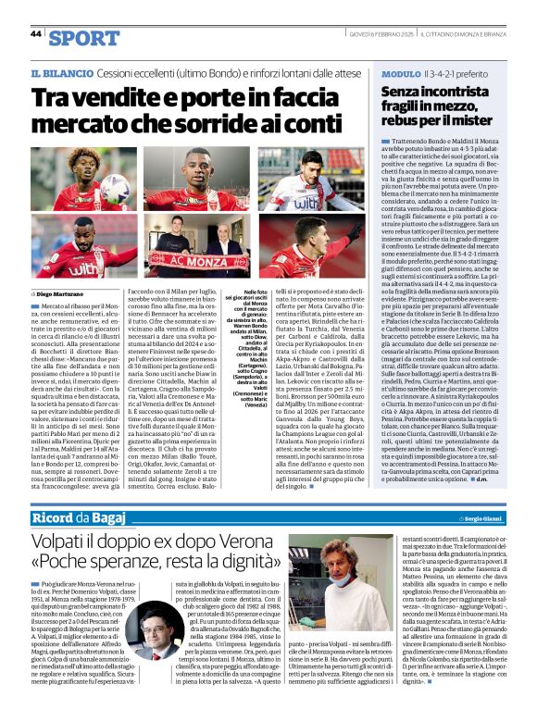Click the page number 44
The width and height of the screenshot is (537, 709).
(36, 33)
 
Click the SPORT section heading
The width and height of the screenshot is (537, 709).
(84, 37)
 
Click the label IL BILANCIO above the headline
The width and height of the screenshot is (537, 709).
(62, 72)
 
